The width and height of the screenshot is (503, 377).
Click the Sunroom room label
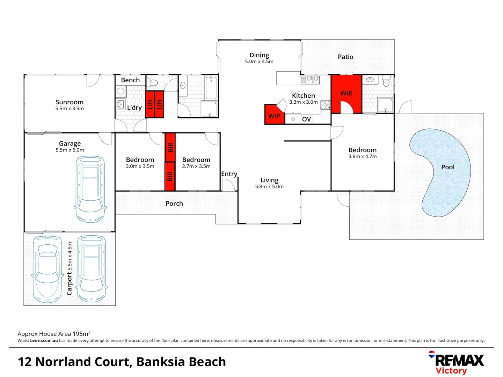tap(70, 102)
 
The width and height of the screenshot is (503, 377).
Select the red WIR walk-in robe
tap(346, 94)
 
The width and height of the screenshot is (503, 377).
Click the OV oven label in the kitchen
tap(306, 119)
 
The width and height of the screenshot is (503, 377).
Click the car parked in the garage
tap(90, 189)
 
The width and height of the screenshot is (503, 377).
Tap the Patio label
tap(345, 57)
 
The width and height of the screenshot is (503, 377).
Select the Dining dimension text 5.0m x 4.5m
tap(259, 61)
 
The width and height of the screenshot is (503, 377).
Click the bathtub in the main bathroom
tap(211, 88)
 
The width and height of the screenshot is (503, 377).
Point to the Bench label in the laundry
tap(130, 80)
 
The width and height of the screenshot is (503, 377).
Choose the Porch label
tap(174, 204)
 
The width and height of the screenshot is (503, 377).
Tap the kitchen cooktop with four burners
tap(325, 105)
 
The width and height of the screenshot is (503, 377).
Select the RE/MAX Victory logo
tap(456, 362)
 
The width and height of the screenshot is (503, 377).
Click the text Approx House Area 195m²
tap(54, 334)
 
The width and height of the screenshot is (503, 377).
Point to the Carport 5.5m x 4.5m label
tap(69, 268)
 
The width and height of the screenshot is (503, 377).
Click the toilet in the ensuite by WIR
tap(386, 81)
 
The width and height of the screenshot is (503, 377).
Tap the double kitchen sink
tap(310, 80)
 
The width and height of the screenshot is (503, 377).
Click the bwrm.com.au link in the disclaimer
tap(44, 341)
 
